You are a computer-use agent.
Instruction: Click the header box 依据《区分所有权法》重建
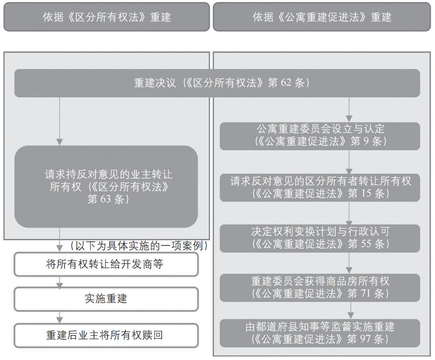coord(107,17)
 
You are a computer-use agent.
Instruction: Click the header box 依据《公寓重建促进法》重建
coord(322,17)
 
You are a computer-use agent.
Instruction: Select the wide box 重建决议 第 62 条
coord(217,83)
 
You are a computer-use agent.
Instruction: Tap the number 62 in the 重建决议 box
coord(286,83)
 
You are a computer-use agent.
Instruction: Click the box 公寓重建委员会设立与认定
coord(320,136)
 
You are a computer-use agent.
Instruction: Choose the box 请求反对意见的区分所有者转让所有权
coord(320,188)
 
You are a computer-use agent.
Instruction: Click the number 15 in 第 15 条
coord(366,193)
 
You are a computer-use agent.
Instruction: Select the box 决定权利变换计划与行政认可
coord(320,238)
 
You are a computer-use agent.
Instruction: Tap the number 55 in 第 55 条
coord(366,244)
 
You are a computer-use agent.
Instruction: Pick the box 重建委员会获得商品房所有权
coord(320,288)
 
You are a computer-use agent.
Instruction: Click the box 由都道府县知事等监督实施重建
coord(320,333)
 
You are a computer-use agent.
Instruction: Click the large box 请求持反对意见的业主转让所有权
coord(106,187)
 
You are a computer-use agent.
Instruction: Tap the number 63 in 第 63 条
coord(105,199)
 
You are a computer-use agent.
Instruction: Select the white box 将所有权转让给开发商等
coord(106,264)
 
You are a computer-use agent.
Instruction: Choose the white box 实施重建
coord(106,299)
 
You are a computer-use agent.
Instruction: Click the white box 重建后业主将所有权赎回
coord(106,335)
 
